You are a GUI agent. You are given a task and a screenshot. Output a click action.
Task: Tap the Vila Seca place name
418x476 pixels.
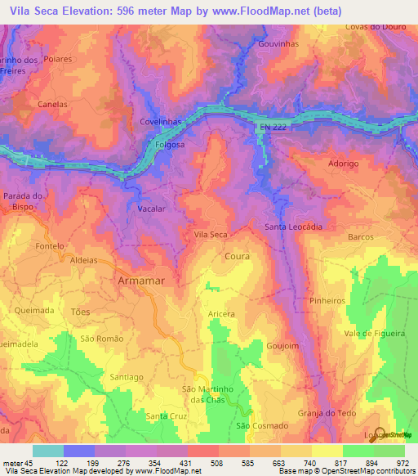[210, 235]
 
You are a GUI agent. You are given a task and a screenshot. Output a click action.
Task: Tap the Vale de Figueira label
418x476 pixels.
[375, 334]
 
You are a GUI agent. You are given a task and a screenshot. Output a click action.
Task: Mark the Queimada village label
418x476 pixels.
[34, 311]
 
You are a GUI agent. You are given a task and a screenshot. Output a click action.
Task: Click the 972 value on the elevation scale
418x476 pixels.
[403, 462]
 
